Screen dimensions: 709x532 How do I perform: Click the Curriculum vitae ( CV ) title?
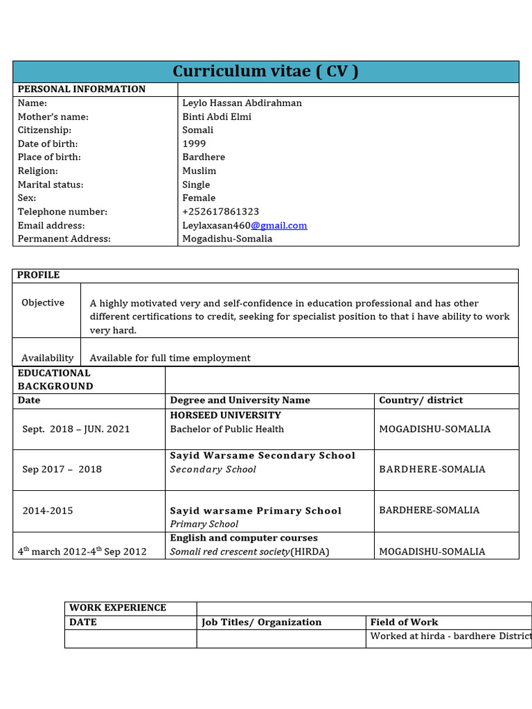(265, 71)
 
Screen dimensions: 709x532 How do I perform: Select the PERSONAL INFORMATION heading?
(81, 89)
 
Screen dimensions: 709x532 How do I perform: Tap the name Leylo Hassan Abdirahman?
(242, 103)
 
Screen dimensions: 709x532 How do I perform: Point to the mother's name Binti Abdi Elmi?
(216, 116)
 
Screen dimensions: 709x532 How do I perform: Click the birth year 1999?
(194, 143)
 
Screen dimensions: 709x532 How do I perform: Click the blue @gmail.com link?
(278, 226)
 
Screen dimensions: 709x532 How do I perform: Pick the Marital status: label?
(50, 185)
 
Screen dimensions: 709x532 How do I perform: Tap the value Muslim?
(199, 171)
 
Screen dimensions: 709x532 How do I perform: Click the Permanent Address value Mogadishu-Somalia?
(227, 239)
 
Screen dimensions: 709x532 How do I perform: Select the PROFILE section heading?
(38, 276)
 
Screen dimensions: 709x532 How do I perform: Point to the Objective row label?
(43, 303)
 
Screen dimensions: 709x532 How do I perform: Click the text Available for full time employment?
(170, 358)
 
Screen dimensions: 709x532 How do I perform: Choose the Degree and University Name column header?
(240, 400)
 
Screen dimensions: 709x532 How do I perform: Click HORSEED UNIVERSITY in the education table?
(225, 415)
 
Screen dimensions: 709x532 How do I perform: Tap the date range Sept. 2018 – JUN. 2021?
(76, 429)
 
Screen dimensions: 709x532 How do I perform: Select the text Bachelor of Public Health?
(227, 429)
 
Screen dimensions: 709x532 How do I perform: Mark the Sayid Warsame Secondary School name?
(263, 456)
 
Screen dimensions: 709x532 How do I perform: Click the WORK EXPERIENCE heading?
(117, 608)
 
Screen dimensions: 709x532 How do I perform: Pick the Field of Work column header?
(404, 622)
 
